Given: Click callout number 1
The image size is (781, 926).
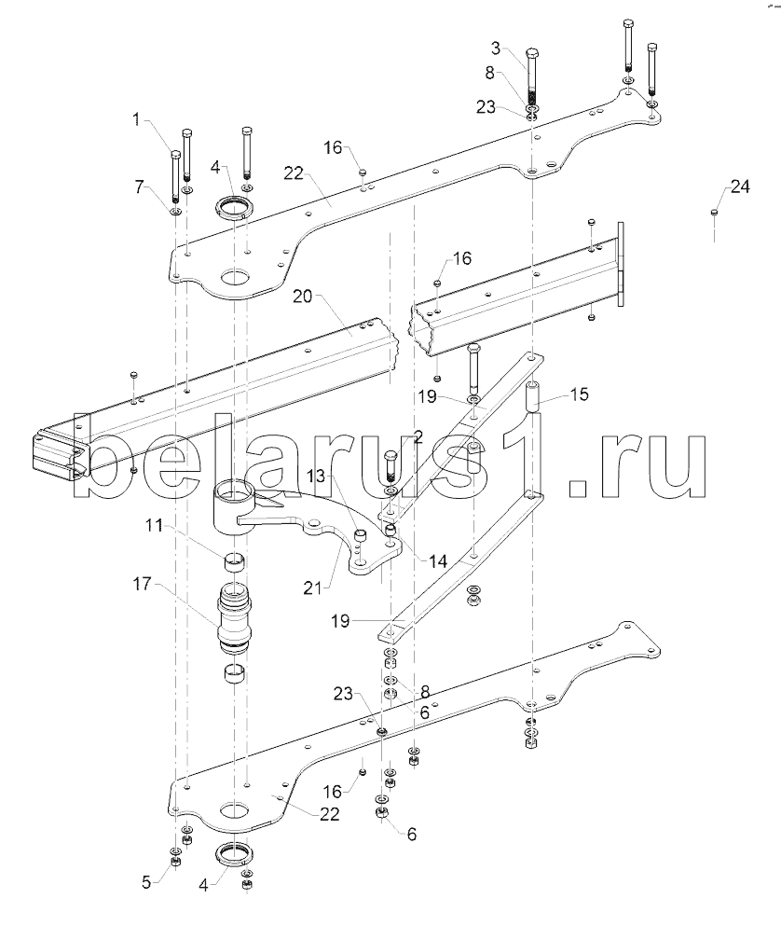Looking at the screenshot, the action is tap(136, 120).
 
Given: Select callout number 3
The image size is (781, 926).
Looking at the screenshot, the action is tap(496, 48).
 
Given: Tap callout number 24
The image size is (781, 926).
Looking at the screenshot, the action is tap(740, 187).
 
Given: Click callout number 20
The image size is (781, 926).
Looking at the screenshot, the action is tap(303, 296).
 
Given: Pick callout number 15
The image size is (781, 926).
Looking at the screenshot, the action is tap(580, 394).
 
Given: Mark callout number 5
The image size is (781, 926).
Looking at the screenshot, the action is tap(147, 883).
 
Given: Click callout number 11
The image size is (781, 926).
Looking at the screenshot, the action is tap(155, 524).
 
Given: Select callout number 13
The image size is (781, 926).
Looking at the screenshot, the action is tap(317, 476).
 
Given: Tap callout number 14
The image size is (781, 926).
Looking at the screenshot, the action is tap(438, 560).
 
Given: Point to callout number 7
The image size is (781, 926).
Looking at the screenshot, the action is tap(139, 187).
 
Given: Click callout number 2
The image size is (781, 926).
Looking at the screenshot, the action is tap(418, 437).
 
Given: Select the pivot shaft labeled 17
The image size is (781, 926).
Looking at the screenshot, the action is tap(235, 618).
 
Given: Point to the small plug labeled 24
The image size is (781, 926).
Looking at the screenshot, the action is tap(714, 212).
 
